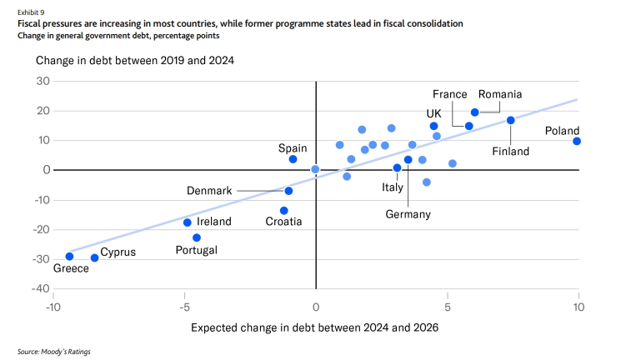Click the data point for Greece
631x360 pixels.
(x=69, y=256)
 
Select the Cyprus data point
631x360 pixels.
(x=94, y=257)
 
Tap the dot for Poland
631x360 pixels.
(x=577, y=141)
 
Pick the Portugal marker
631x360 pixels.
(x=197, y=237)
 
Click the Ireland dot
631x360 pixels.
(x=187, y=222)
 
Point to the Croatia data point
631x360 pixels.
(x=283, y=211)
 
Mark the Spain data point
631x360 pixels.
(x=293, y=159)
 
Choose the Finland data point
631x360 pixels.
(x=510, y=120)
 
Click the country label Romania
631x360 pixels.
(x=500, y=94)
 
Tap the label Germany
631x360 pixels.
(x=408, y=214)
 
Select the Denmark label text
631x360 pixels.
(x=209, y=191)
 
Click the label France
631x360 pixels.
(x=449, y=94)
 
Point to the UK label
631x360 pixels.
(x=433, y=113)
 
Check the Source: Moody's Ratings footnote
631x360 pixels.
(x=54, y=352)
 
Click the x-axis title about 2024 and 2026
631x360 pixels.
(x=314, y=327)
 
